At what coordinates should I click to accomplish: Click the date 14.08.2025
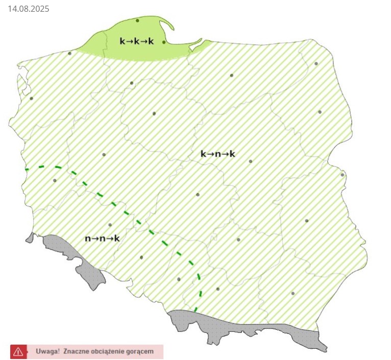[x=29, y=9]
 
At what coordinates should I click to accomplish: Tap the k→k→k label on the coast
[x=136, y=41]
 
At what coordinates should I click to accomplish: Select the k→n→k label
[x=217, y=154]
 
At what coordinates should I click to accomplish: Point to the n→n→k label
[x=102, y=238]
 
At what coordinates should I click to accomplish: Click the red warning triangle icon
[x=18, y=351]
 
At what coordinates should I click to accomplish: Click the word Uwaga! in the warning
[x=47, y=351]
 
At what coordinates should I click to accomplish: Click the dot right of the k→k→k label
[x=164, y=42]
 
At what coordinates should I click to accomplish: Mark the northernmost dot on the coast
[x=137, y=20]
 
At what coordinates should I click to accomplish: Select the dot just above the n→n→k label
[x=110, y=225]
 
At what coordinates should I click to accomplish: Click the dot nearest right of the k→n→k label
[x=250, y=161]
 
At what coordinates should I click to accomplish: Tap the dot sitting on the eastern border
[x=343, y=175]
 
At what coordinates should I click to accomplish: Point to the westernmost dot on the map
[x=31, y=99]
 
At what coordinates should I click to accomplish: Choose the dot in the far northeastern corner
[x=316, y=64]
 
